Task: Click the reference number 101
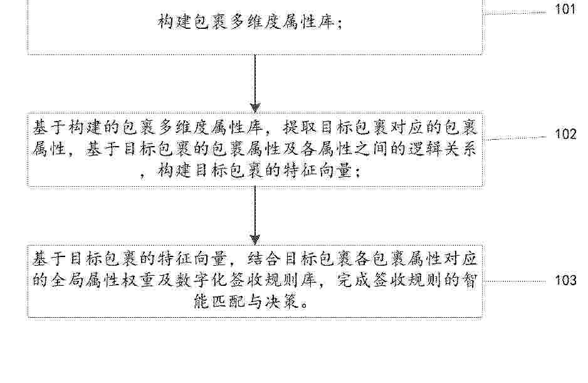565,9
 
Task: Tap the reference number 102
565,134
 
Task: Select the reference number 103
565,280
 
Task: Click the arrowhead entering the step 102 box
255,108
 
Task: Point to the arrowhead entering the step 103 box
255,239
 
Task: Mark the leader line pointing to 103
515,281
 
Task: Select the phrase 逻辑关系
442,150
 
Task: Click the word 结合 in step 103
265,260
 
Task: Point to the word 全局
67,280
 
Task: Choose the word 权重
139,280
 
